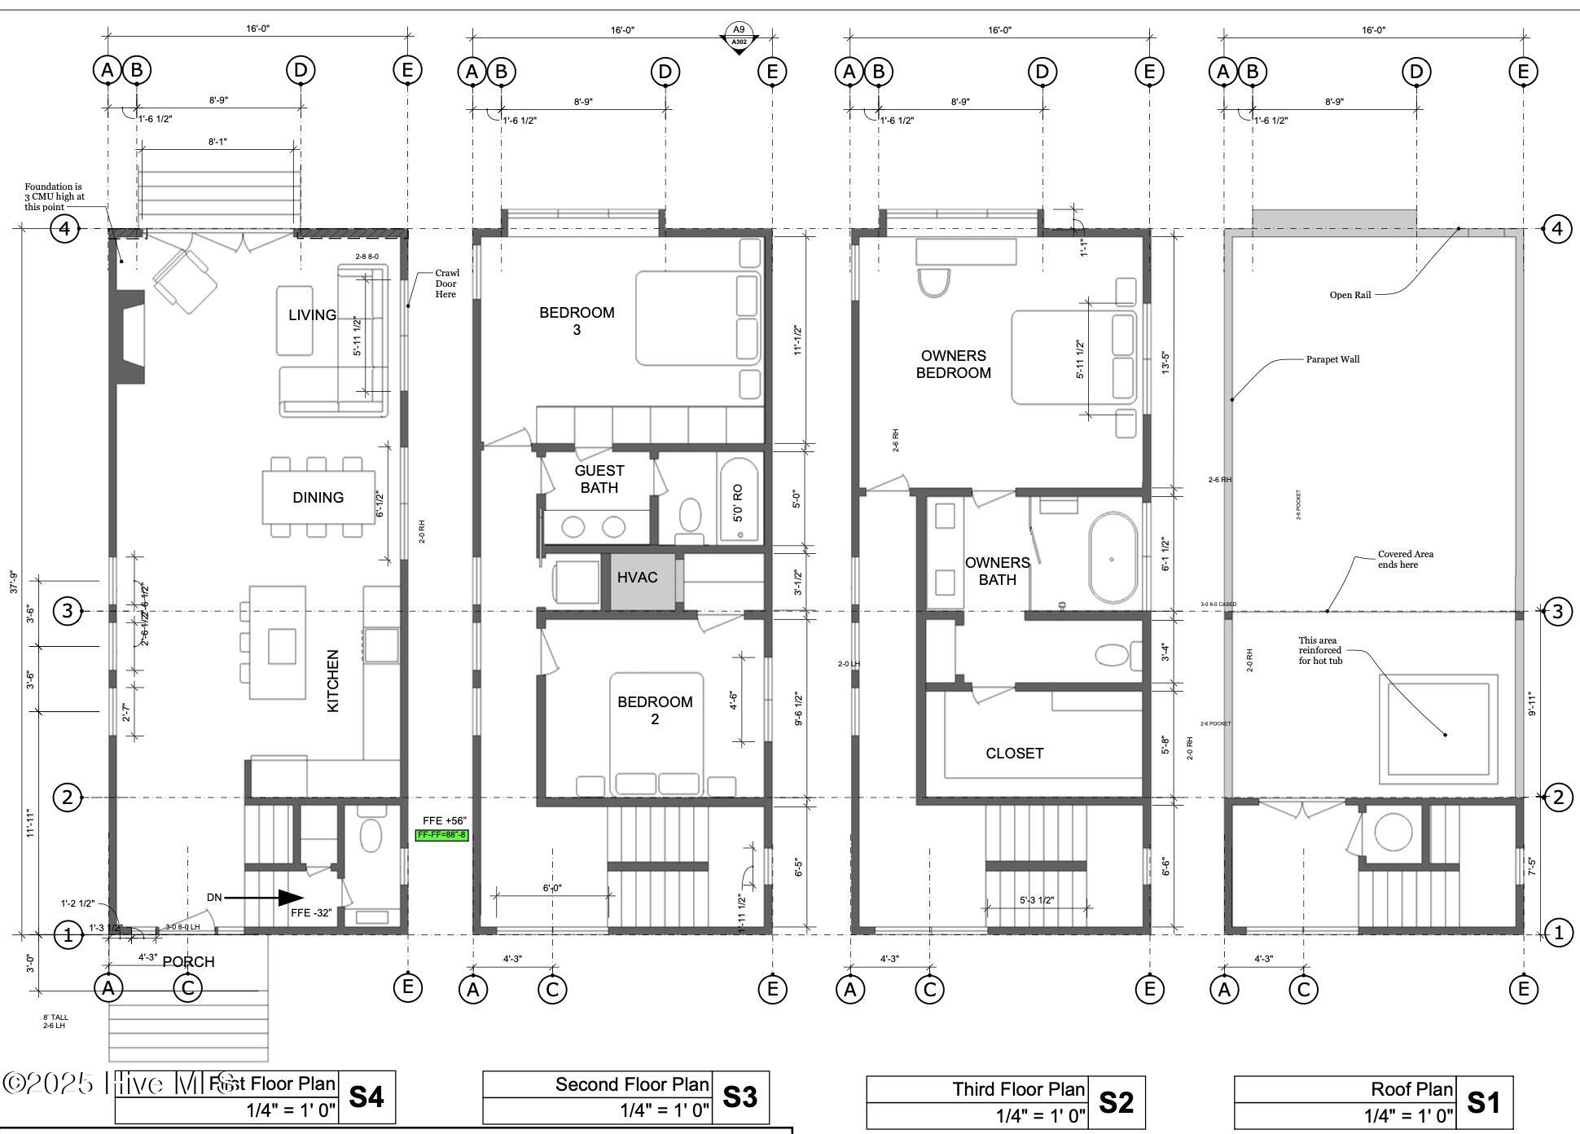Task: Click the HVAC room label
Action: [x=637, y=578]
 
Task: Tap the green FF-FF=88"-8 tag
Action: [x=442, y=835]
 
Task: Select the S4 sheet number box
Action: [x=366, y=1097]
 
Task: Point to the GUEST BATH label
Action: [x=599, y=479]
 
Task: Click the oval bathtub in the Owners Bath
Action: [x=1113, y=557]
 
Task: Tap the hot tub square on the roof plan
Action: [x=1438, y=729]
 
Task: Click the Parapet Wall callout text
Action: [x=1332, y=359]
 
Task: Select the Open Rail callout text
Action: [x=1350, y=295]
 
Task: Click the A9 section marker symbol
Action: [x=739, y=36]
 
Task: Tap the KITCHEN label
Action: [x=332, y=681]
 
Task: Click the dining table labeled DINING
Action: [x=318, y=497]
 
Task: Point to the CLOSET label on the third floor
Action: [x=1014, y=754]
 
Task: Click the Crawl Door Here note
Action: [x=446, y=283]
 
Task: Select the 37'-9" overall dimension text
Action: [x=13, y=581]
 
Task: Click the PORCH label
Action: [x=188, y=962]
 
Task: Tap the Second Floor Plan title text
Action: [x=632, y=1084]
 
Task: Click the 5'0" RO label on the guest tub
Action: [x=738, y=503]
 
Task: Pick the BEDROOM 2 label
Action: [x=655, y=710]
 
